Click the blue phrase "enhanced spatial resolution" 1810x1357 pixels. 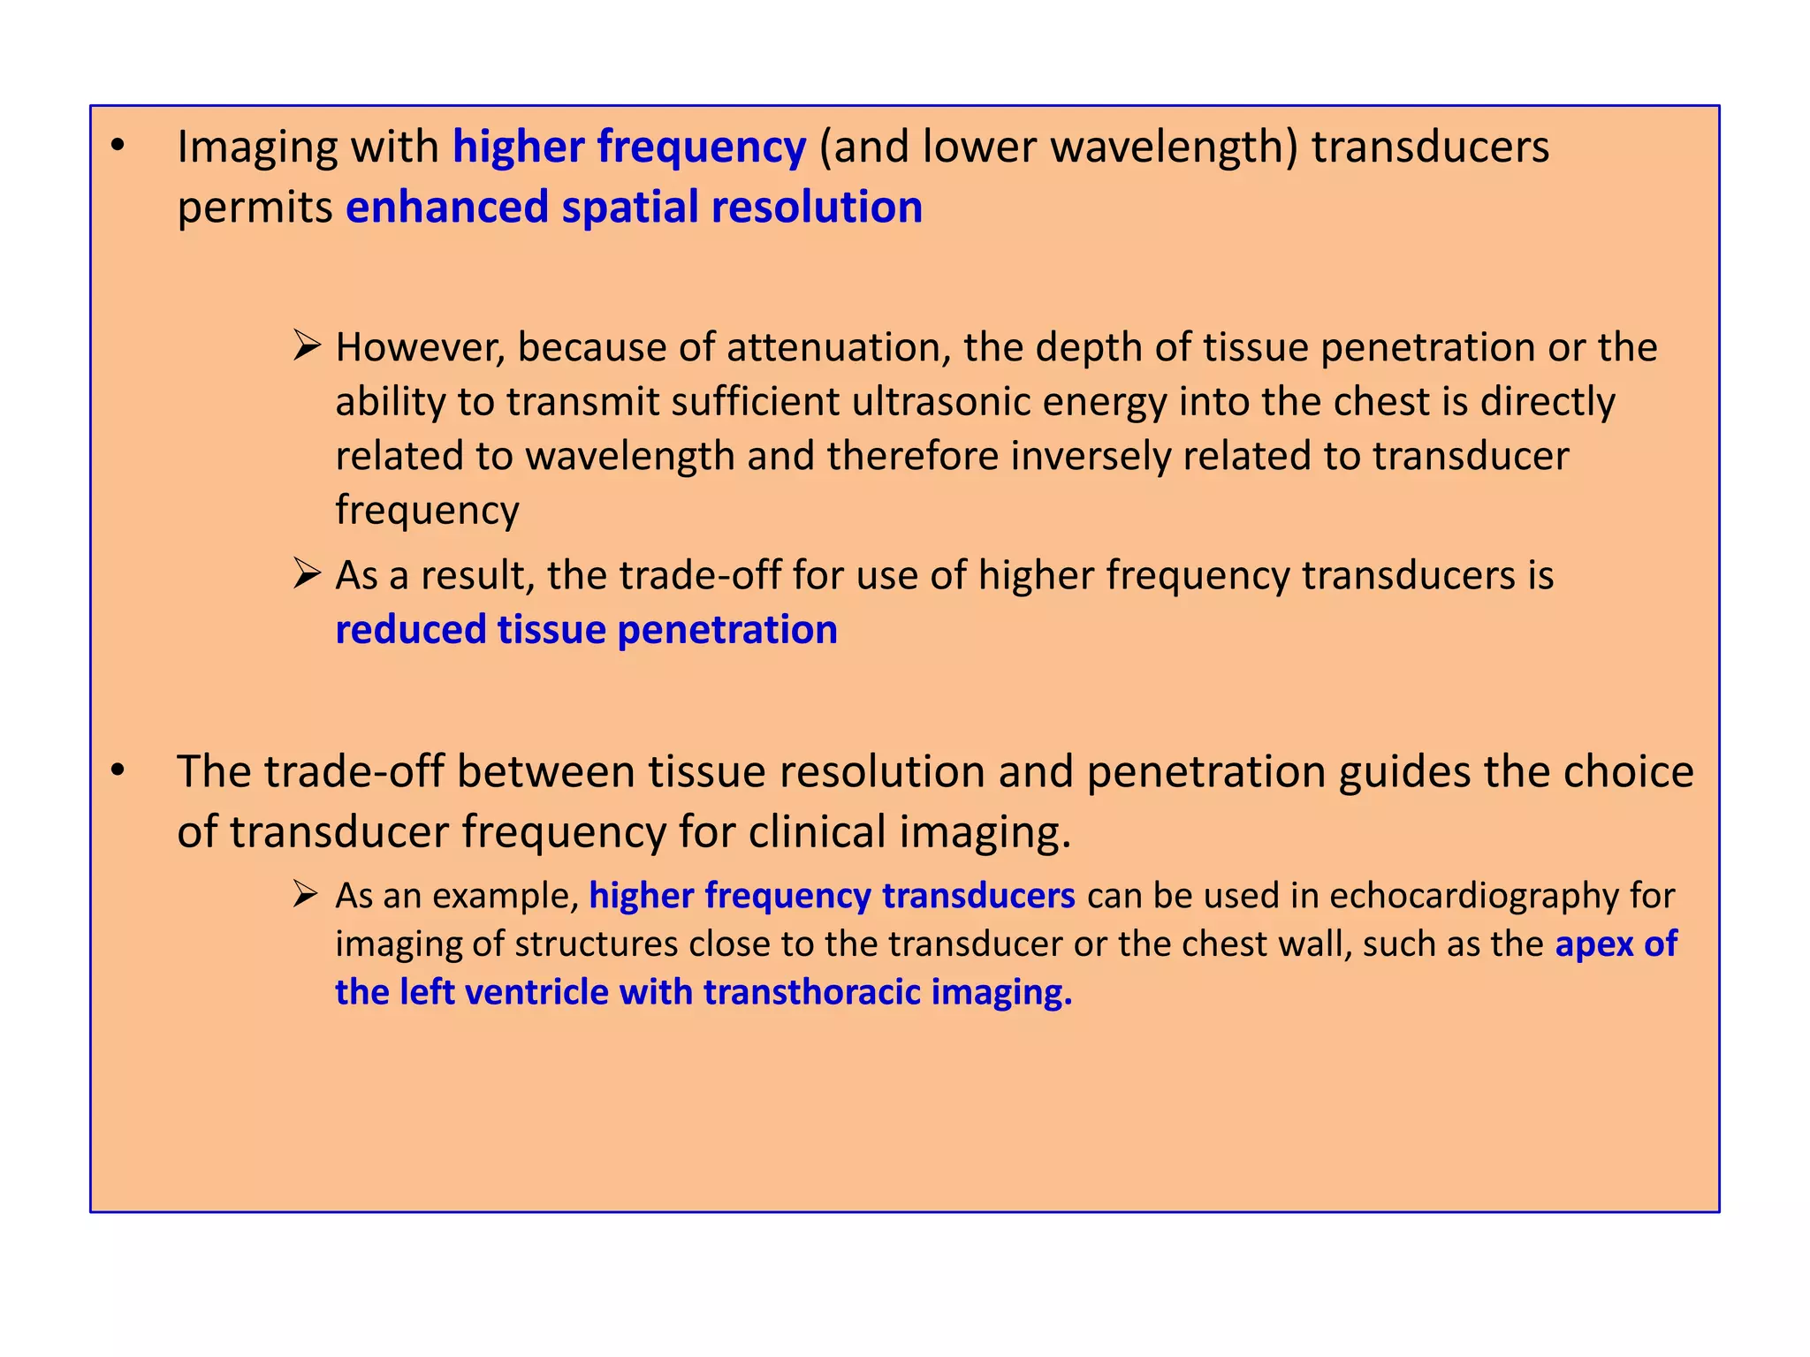[634, 208]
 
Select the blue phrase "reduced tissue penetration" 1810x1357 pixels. [586, 630]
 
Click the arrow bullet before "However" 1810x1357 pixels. [306, 345]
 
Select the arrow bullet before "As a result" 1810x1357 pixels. [306, 574]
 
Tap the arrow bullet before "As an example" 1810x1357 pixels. [306, 895]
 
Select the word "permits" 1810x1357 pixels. [255, 208]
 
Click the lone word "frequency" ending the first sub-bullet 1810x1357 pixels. [427, 511]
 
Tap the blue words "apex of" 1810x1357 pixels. [1616, 944]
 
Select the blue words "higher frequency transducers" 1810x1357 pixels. [832, 897]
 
